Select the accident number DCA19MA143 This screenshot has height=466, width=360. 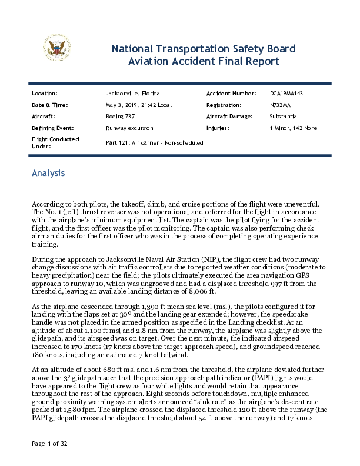[x=286, y=94]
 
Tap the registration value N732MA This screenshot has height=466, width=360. [x=280, y=105]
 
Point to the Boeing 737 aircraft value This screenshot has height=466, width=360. [x=119, y=116]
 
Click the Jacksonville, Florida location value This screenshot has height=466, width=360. [x=132, y=94]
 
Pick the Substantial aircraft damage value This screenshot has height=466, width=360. [x=284, y=116]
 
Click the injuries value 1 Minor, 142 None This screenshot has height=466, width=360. [x=293, y=128]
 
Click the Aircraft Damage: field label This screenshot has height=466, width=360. [x=232, y=116]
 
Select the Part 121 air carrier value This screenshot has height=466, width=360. [x=154, y=142]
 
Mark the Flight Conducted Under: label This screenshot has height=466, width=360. [x=55, y=142]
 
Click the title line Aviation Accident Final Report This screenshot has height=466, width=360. [x=204, y=61]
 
